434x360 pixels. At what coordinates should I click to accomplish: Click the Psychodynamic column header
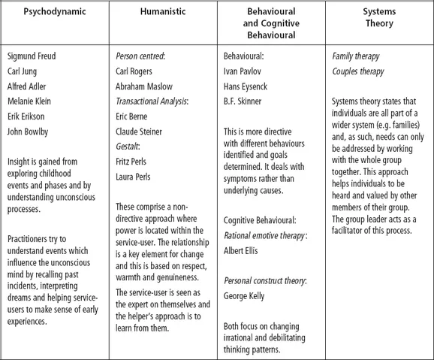pos(54,14)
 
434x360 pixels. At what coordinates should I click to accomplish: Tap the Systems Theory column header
pos(378,20)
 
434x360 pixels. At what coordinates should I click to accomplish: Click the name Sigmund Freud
pos(32,57)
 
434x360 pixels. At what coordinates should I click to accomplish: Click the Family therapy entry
pos(357,57)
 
